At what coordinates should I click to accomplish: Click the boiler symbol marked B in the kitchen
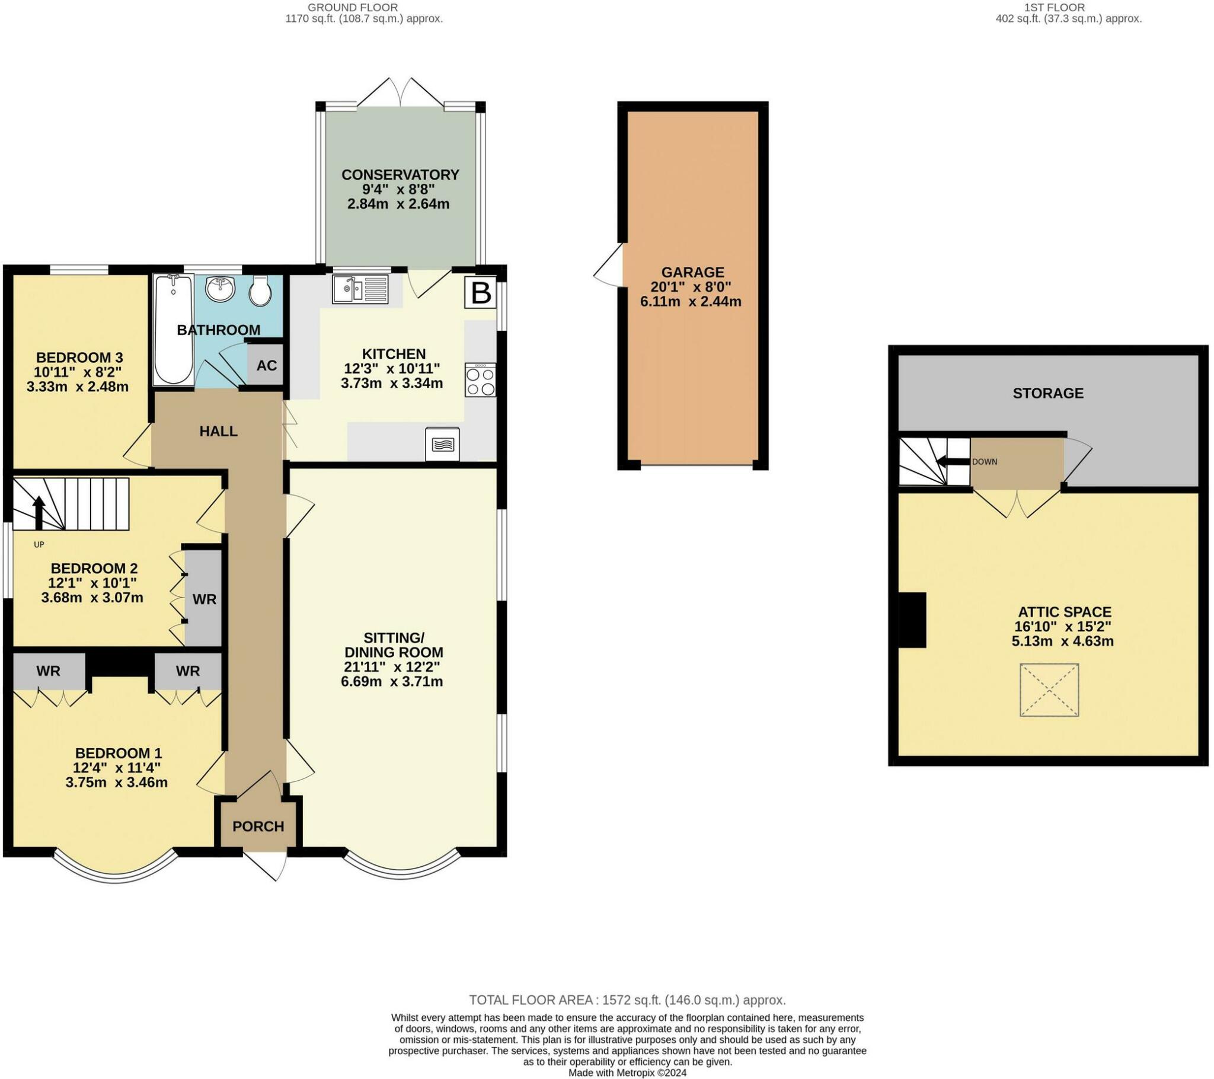480,293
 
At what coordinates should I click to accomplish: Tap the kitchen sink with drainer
360,289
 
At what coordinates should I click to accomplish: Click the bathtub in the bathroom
173,330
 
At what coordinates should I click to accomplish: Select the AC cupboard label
267,365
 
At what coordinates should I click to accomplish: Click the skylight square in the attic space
1049,690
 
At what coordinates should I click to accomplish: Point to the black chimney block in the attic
912,620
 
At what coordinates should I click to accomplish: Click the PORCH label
258,826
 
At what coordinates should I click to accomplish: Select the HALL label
219,432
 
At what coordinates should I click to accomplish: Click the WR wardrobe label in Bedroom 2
205,599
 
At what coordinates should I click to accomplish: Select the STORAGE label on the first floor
1048,393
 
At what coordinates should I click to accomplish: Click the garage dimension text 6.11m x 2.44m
691,301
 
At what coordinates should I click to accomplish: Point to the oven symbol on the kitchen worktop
442,445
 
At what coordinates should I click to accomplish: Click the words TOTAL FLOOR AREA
532,1000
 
